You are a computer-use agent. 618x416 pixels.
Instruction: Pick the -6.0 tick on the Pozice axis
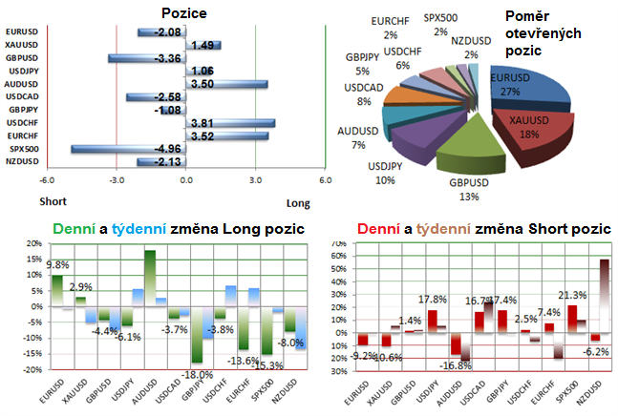pyautogui.click(x=44, y=180)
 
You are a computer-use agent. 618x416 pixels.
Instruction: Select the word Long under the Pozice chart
pyautogui.click(x=298, y=202)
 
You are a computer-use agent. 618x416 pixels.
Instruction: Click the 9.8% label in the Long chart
pyautogui.click(x=58, y=265)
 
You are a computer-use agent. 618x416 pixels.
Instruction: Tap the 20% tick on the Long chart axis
pyautogui.click(x=33, y=245)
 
